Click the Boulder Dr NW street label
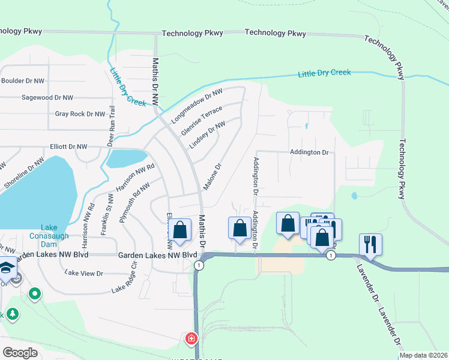point(23,81)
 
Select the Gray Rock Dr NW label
point(80,113)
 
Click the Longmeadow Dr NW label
point(197,106)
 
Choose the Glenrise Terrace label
point(202,120)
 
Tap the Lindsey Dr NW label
point(207,134)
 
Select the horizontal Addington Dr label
point(310,152)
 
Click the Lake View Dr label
point(84,273)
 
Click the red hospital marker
point(191,339)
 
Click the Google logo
point(20,353)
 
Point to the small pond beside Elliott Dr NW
point(126,158)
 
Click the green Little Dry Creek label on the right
point(324,73)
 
